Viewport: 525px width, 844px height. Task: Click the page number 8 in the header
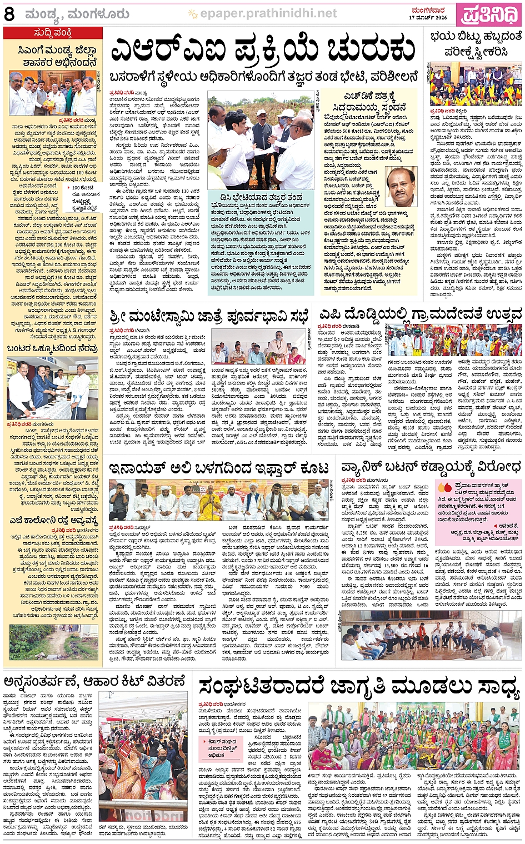click(9, 14)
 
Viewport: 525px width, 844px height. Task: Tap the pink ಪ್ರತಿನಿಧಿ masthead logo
click(489, 14)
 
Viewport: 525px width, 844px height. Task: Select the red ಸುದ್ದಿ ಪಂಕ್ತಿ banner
click(53, 33)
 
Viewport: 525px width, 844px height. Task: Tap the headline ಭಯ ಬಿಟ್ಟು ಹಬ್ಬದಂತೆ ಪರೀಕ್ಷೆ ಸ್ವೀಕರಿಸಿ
click(476, 44)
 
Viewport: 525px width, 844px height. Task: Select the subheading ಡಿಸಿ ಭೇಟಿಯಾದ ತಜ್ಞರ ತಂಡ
click(256, 197)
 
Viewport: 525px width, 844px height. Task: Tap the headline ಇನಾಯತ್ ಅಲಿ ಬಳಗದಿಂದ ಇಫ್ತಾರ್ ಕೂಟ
click(219, 468)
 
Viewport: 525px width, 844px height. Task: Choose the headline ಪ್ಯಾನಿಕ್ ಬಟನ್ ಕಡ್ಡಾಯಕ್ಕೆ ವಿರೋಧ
click(431, 466)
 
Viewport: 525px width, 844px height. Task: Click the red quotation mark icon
click(444, 487)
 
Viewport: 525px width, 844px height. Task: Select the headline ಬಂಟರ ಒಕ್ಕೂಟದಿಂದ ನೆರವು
click(52, 348)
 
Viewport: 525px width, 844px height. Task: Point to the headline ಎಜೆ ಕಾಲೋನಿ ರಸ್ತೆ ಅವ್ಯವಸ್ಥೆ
click(53, 521)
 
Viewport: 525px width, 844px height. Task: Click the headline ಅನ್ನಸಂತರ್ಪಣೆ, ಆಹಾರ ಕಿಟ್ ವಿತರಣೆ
click(94, 681)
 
